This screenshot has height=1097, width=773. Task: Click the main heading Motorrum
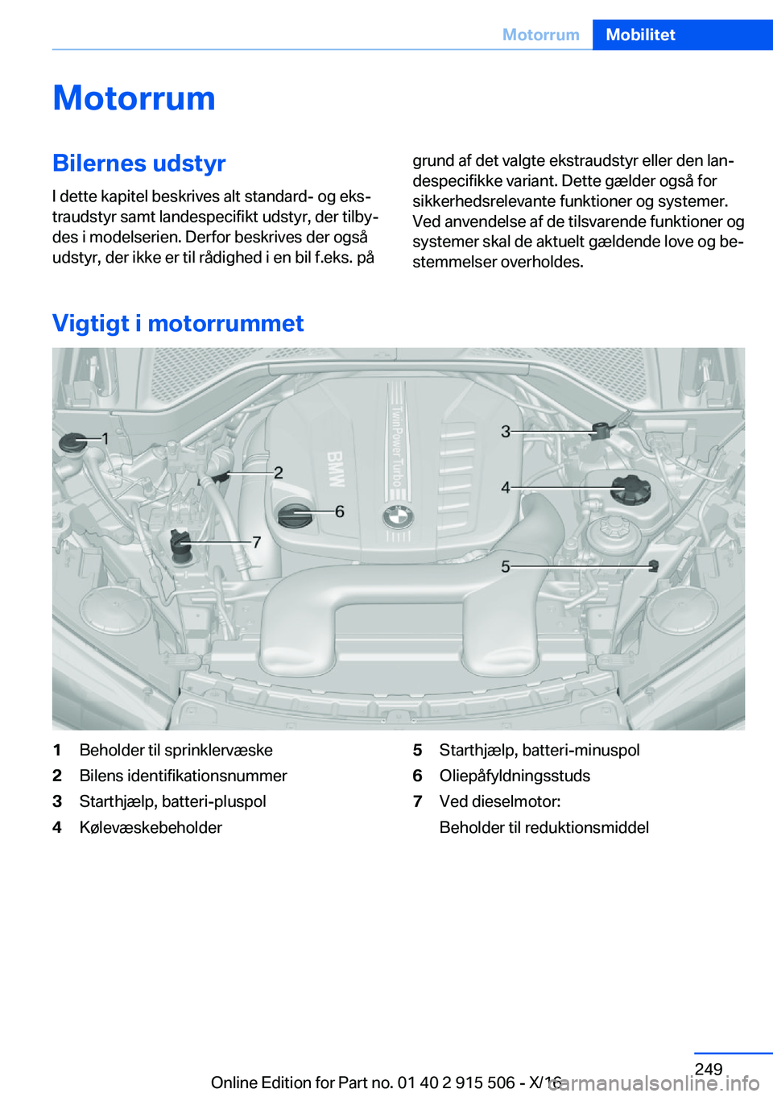pyautogui.click(x=134, y=98)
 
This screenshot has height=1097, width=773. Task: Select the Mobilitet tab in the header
pyautogui.click(x=640, y=35)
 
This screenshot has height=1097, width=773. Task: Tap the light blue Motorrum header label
pyautogui.click(x=540, y=35)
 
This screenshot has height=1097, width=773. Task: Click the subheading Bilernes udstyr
pyautogui.click(x=138, y=163)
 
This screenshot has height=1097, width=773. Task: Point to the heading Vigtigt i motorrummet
pyautogui.click(x=178, y=323)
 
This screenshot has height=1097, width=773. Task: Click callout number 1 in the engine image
pyautogui.click(x=105, y=439)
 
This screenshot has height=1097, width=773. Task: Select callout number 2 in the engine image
pyautogui.click(x=279, y=473)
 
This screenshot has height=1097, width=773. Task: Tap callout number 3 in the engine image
pyautogui.click(x=506, y=432)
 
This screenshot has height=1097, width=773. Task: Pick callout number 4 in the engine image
pyautogui.click(x=506, y=487)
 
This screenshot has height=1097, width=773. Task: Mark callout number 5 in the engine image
pyautogui.click(x=506, y=567)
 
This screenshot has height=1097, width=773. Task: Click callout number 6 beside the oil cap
pyautogui.click(x=340, y=511)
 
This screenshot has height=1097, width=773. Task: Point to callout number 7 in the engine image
pyautogui.click(x=257, y=543)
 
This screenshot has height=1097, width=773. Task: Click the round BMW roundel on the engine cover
pyautogui.click(x=398, y=517)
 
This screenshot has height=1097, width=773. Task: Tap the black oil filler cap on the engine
pyautogui.click(x=294, y=515)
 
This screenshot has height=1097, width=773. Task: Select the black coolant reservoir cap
pyautogui.click(x=630, y=490)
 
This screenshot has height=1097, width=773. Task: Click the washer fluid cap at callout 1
pyautogui.click(x=74, y=442)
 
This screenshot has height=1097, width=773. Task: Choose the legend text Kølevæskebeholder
pyautogui.click(x=151, y=827)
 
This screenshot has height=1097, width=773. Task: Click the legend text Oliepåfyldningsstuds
pyautogui.click(x=515, y=776)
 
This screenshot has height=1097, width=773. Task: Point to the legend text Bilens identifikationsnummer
pyautogui.click(x=183, y=776)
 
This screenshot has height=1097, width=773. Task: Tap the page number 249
pyautogui.click(x=709, y=1069)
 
